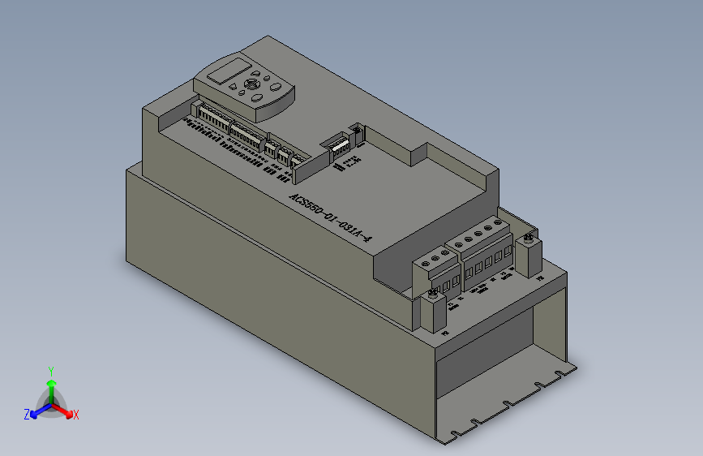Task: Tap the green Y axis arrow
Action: click(x=51, y=381)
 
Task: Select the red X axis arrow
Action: click(x=65, y=410)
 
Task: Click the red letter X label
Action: click(x=75, y=415)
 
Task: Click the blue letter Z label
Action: click(x=27, y=415)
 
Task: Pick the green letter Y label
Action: click(x=51, y=369)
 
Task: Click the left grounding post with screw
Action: click(x=433, y=311)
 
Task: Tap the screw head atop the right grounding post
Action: click(x=529, y=238)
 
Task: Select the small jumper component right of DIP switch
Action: click(x=356, y=130)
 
